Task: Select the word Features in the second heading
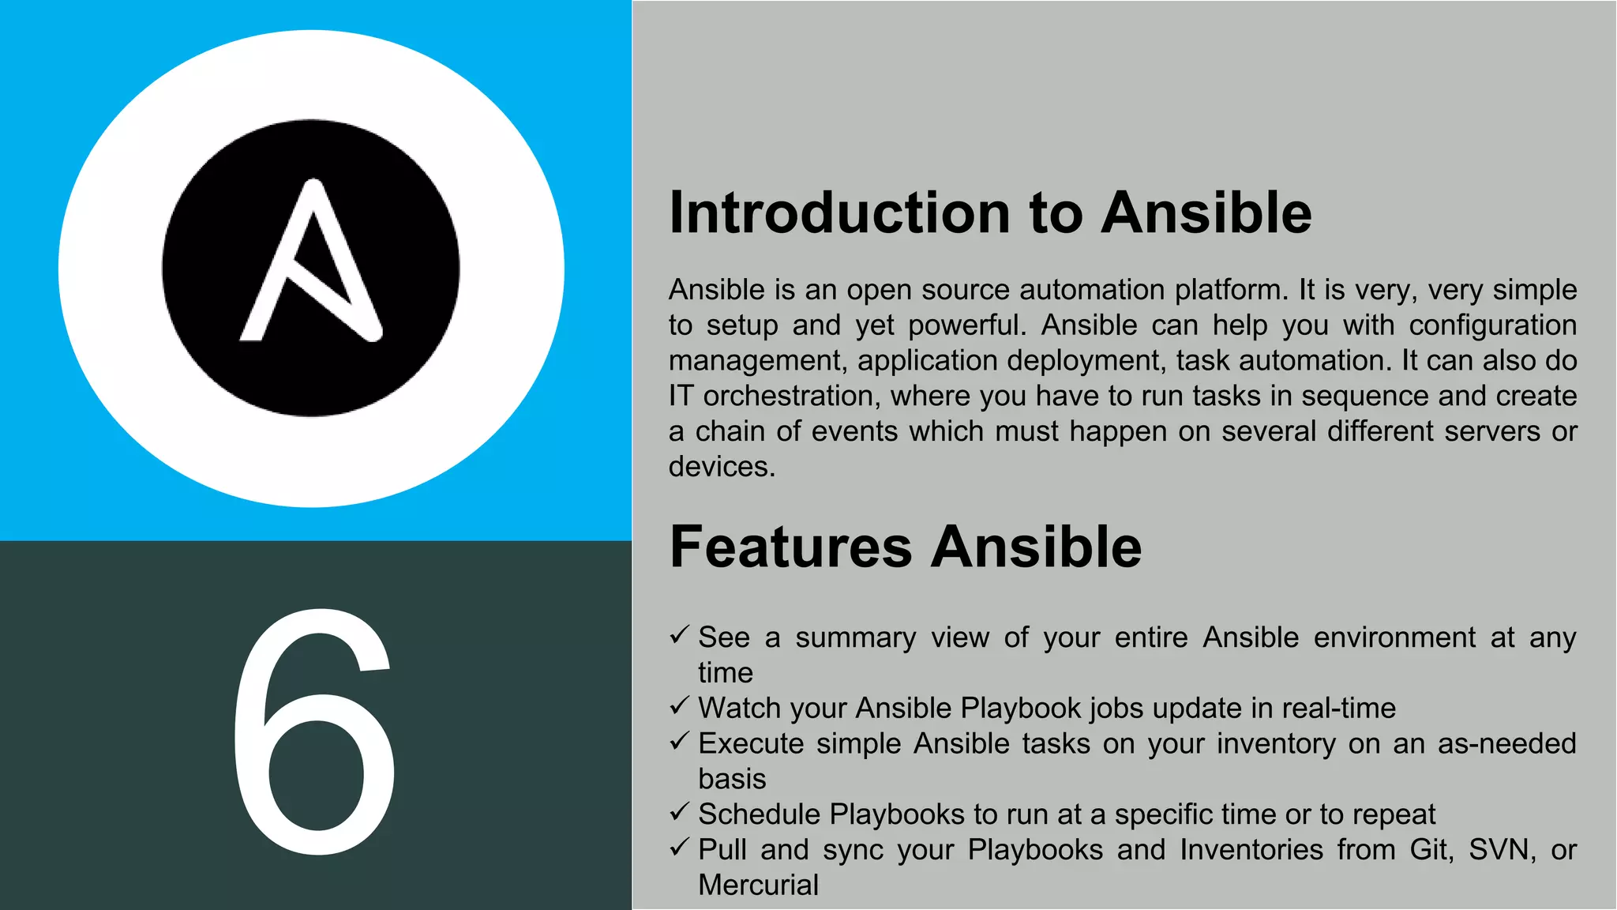click(790, 547)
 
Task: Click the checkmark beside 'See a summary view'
click(680, 635)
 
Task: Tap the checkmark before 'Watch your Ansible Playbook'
click(680, 706)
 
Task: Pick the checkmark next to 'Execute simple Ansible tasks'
click(680, 742)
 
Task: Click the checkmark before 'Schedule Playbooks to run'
click(680, 812)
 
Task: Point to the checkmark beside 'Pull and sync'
click(680, 848)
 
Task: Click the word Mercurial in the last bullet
click(758, 885)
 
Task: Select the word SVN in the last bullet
click(1501, 850)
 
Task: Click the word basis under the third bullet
click(732, 780)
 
